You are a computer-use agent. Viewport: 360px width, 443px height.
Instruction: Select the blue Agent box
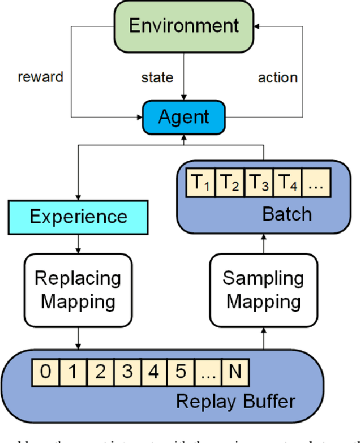pyautogui.click(x=184, y=117)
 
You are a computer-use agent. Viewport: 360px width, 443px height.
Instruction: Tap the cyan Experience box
pyautogui.click(x=78, y=217)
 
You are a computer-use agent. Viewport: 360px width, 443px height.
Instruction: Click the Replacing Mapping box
pyautogui.click(x=78, y=290)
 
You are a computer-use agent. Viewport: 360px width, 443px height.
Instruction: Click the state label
pyautogui.click(x=157, y=77)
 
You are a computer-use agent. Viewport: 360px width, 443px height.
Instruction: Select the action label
pyautogui.click(x=277, y=77)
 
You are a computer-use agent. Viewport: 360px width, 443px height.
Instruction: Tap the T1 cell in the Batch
pyautogui.click(x=201, y=183)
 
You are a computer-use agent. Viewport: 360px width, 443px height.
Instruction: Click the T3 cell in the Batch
pyautogui.click(x=259, y=183)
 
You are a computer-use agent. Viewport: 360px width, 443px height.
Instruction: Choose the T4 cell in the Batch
pyautogui.click(x=287, y=183)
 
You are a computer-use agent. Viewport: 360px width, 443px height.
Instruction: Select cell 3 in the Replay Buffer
pyautogui.click(x=128, y=371)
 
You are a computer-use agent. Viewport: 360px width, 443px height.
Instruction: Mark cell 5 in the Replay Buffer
pyautogui.click(x=181, y=371)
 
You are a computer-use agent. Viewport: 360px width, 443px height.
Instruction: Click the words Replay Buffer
pyautogui.click(x=235, y=401)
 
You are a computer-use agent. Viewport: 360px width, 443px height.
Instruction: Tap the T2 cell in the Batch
pyautogui.click(x=230, y=183)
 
